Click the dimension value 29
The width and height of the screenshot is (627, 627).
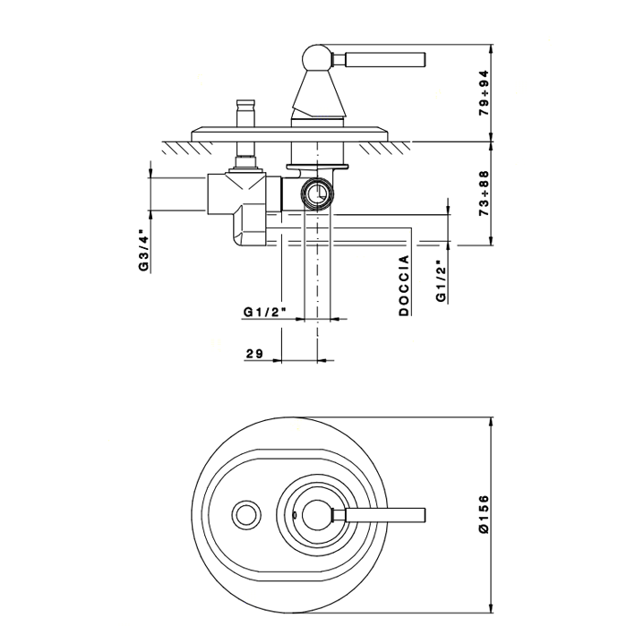tap(253, 355)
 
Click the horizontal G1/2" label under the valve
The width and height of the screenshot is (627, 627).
tap(264, 312)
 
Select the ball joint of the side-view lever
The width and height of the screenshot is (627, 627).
tap(316, 59)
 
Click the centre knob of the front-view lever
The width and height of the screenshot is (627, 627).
tap(314, 514)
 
